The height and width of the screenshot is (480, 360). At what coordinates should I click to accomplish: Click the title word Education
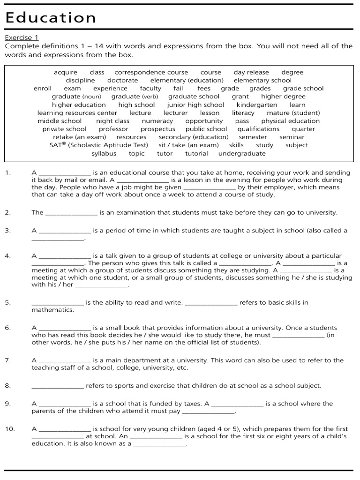[x=51, y=17]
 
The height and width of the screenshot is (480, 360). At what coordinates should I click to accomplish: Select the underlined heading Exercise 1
[x=22, y=37]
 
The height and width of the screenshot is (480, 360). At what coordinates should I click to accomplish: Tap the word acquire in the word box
[x=66, y=72]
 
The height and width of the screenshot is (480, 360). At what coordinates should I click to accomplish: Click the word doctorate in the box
[x=123, y=80]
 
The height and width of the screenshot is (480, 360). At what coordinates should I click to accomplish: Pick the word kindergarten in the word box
[x=257, y=105]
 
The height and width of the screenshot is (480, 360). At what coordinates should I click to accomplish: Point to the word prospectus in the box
[x=158, y=129]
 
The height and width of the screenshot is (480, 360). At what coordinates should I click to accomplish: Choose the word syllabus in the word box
[x=104, y=153]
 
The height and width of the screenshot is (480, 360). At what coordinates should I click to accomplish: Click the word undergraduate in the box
[x=241, y=153]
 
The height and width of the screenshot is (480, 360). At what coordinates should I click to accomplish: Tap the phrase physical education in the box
[x=291, y=121]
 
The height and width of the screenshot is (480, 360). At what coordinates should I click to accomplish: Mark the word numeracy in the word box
[x=157, y=121]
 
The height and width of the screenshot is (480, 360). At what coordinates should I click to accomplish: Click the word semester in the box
[x=253, y=137]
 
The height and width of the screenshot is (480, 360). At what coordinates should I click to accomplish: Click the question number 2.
[x=7, y=212]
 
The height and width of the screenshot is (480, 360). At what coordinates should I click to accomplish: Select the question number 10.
[x=9, y=429]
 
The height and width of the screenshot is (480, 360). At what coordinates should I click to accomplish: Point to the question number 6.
[x=7, y=328]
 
